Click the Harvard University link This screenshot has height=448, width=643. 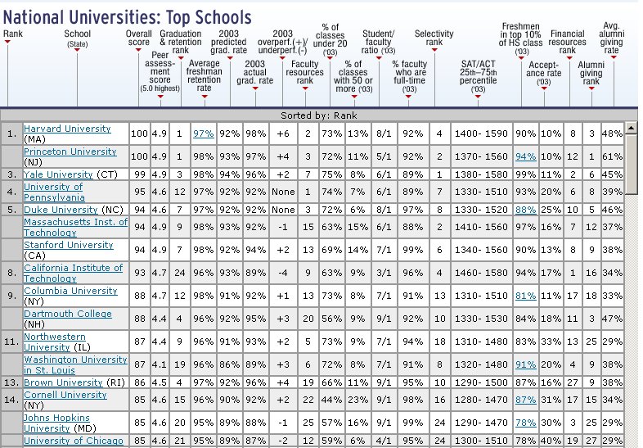[x=67, y=129]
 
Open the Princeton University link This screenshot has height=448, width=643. [x=70, y=152]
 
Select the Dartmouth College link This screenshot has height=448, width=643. [x=68, y=314]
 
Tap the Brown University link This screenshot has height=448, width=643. [x=63, y=382]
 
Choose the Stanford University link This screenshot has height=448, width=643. [x=69, y=245]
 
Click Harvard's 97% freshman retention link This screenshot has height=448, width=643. [x=204, y=133]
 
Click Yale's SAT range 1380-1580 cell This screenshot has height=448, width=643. [x=481, y=174]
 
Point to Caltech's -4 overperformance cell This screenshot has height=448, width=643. [x=283, y=273]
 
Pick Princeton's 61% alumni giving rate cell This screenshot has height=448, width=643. [x=612, y=156]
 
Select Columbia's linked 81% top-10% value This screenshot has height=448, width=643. [x=526, y=296]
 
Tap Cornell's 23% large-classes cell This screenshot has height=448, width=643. [x=358, y=400]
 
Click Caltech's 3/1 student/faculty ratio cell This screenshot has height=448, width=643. [x=384, y=273]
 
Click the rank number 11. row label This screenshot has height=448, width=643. [x=11, y=342]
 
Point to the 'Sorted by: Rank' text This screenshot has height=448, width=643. [x=318, y=115]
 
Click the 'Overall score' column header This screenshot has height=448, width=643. [x=138, y=38]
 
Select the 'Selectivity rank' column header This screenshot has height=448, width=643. [x=434, y=38]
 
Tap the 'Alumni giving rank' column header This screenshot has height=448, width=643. [x=591, y=73]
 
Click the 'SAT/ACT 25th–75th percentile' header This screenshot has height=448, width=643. [x=478, y=76]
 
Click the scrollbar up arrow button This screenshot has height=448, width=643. [x=631, y=128]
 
